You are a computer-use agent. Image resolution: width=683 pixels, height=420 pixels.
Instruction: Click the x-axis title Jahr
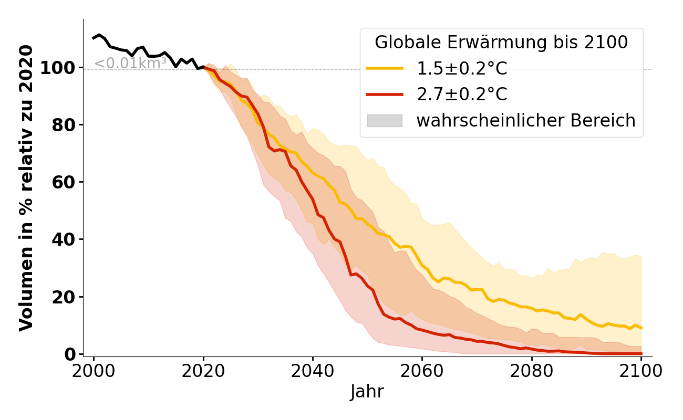point(367,392)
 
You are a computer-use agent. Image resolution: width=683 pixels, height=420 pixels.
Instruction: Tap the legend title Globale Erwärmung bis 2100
point(501,43)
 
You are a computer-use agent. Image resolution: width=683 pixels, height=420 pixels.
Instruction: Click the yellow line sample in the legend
point(385,68)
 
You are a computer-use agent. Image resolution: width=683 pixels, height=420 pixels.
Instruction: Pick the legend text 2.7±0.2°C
point(462,94)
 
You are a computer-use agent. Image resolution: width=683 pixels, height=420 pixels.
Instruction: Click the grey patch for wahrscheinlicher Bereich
point(385,121)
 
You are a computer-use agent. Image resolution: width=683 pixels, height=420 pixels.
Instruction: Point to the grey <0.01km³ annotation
point(130,64)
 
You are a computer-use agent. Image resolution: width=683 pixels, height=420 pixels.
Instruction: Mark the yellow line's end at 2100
point(641,328)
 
